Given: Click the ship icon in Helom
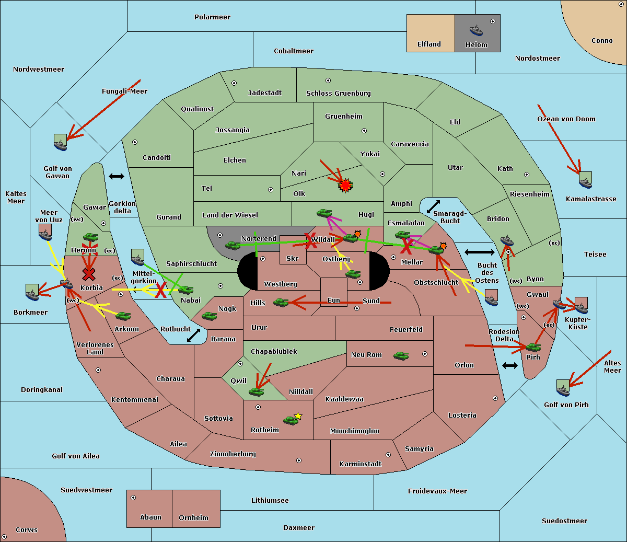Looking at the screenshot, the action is point(476,30).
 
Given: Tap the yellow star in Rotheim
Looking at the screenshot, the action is point(298,416).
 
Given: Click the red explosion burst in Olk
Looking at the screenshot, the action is point(345,185).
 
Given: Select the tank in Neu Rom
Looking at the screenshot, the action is point(401,355).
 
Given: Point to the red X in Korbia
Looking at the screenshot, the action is point(89,274).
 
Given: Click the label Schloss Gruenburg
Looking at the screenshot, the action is point(339,93).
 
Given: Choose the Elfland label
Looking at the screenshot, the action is point(429,44).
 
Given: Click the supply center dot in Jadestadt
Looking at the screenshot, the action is point(234,83).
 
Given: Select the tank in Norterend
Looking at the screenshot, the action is point(233,245).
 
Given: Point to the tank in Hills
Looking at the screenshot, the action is point(281,302).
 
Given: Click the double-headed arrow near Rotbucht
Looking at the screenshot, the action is point(193,336).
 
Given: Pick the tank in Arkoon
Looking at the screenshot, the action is point(123,316).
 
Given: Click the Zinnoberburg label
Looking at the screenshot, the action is point(233,454).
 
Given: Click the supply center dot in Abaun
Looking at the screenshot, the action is point(133,498).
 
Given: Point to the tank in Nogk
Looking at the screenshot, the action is point(210,316).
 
